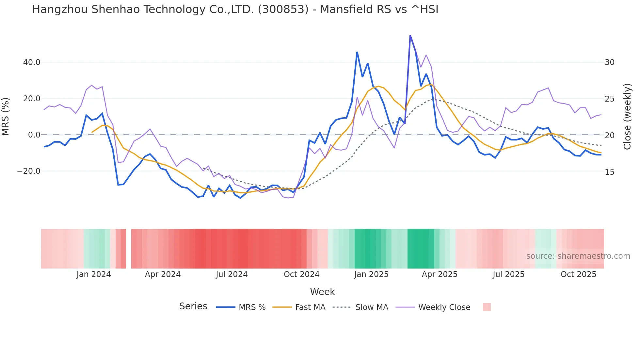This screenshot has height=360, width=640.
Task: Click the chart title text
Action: pos(235,9)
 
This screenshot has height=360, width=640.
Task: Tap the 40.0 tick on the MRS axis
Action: pos(32,62)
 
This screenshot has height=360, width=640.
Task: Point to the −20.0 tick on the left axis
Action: pos(29,171)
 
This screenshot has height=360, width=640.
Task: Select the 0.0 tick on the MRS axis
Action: pos(34,135)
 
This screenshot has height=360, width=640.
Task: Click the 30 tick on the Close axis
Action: pos(610,62)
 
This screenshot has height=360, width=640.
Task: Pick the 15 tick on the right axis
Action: pos(610,172)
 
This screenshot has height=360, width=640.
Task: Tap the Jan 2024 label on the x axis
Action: pos(94,274)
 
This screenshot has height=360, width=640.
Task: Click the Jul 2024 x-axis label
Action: pos(232,274)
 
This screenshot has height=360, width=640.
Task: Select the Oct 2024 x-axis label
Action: pos(301,274)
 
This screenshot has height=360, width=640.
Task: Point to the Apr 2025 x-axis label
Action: pos(440,274)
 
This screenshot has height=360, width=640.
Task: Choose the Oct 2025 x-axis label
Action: pos(578,274)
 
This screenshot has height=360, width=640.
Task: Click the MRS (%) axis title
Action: pos(6,116)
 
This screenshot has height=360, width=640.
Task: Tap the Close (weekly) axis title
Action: pos(627,117)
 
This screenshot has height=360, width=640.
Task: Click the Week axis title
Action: pos(322,292)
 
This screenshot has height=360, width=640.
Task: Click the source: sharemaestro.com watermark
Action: pos(578,256)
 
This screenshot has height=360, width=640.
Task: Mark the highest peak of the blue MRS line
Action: pos(410,35)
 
